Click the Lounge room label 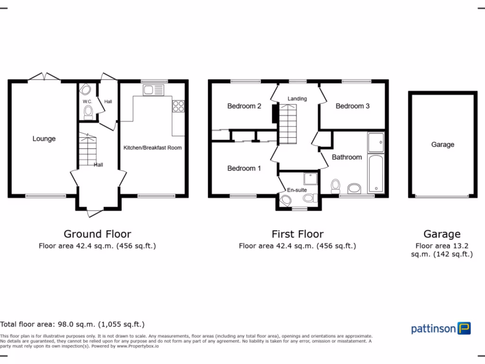click(44, 139)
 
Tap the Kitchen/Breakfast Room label click(153, 148)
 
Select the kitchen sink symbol click(152, 90)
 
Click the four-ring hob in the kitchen click(179, 106)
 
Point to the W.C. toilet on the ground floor click(88, 112)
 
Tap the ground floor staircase click(87, 149)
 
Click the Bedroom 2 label click(244, 106)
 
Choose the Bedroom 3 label click(352, 106)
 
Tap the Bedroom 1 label click(244, 168)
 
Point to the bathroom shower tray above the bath click(375, 142)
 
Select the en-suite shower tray click(310, 179)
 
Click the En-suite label click(297, 190)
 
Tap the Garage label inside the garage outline click(442, 145)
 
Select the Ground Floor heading click(97, 234)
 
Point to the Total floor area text click(72, 324)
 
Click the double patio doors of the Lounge click(44, 77)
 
